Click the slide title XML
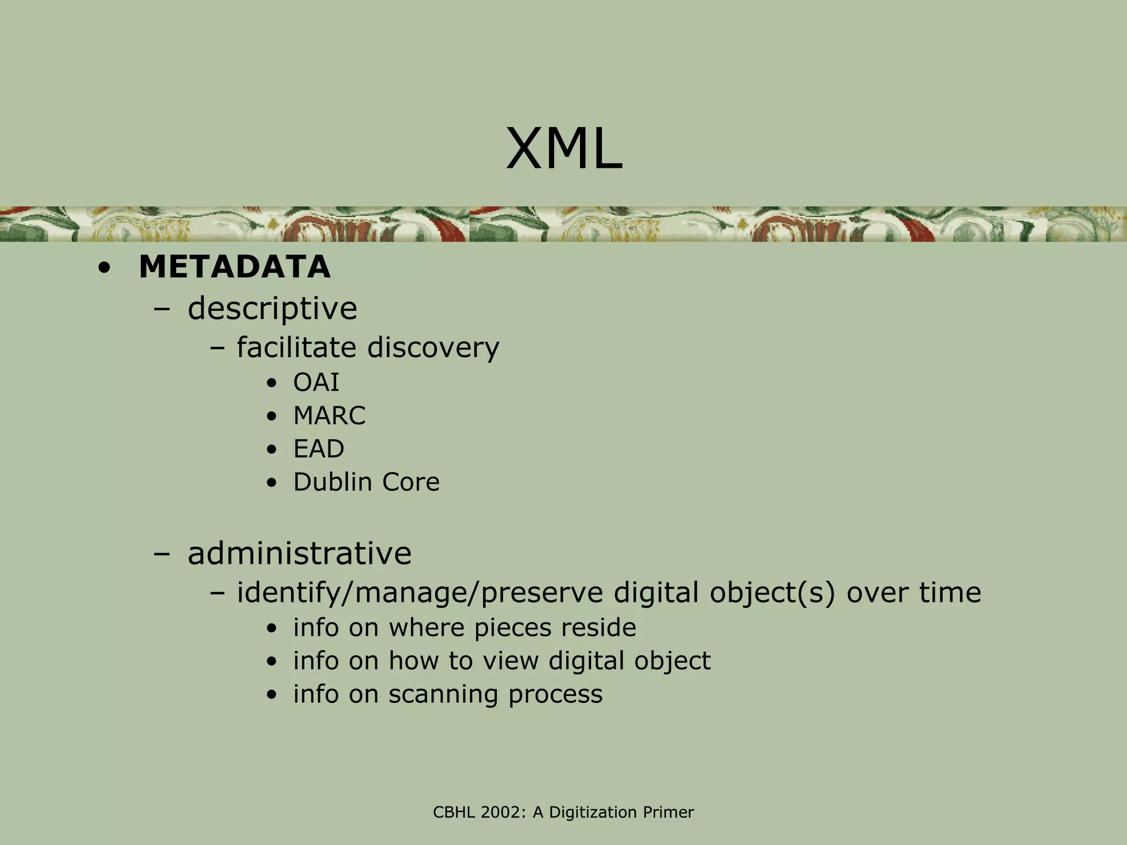[564, 149]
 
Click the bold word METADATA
[234, 267]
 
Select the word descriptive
[272, 308]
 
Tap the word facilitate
[297, 348]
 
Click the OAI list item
[316, 382]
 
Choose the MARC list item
[329, 416]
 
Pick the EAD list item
[319, 449]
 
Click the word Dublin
[332, 482]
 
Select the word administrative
[299, 553]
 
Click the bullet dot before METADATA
[104, 268]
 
